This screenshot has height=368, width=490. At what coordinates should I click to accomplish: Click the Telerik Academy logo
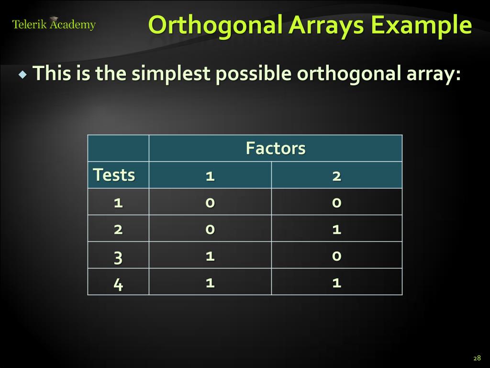pyautogui.click(x=54, y=24)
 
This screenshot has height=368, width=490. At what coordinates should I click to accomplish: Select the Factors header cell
pyautogui.click(x=275, y=148)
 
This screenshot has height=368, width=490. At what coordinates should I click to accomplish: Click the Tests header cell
pyautogui.click(x=114, y=175)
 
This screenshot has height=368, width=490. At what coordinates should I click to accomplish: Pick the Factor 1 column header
pyautogui.click(x=210, y=176)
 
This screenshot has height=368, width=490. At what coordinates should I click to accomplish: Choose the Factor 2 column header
pyautogui.click(x=336, y=176)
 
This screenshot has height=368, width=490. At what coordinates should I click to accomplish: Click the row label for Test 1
pyautogui.click(x=118, y=202)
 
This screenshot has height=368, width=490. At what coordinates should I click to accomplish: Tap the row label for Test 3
pyautogui.click(x=118, y=258)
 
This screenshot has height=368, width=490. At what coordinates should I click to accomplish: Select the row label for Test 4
pyautogui.click(x=118, y=285)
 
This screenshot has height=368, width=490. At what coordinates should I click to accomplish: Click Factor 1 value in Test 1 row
pyautogui.click(x=210, y=202)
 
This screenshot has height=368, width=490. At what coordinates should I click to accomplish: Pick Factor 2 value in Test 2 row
pyautogui.click(x=336, y=229)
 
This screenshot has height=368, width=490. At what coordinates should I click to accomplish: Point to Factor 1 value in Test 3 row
pyautogui.click(x=210, y=256)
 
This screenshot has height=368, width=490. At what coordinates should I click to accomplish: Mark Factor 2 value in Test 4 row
pyautogui.click(x=336, y=283)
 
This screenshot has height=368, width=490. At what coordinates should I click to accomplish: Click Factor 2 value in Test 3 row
pyautogui.click(x=336, y=256)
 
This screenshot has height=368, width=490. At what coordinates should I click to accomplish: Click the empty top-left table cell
pyautogui.click(x=118, y=148)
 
